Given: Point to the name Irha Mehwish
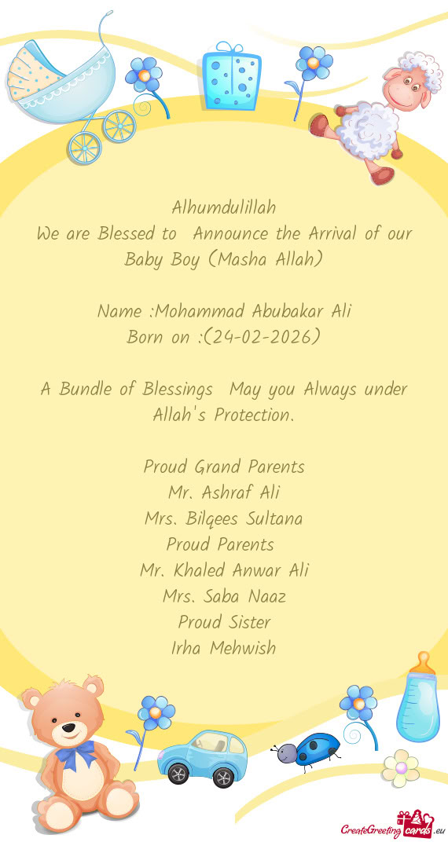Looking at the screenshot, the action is [x=223, y=648].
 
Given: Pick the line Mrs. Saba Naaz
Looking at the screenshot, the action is [x=223, y=596].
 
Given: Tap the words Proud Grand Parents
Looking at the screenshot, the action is [x=223, y=467].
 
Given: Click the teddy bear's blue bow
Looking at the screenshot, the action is [x=75, y=754].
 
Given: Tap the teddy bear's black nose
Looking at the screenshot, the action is [x=69, y=727].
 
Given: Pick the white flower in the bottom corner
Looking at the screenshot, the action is [x=401, y=767].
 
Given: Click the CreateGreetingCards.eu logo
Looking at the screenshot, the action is [x=392, y=827].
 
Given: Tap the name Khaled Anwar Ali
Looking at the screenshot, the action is [x=223, y=570].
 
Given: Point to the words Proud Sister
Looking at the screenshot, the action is [x=223, y=622].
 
